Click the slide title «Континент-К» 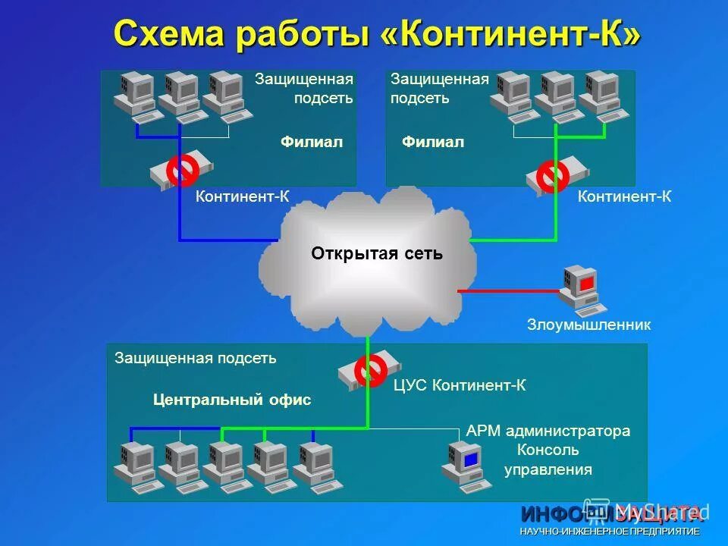[x=377, y=34]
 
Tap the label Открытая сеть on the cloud [x=377, y=253]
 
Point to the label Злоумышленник [x=589, y=325]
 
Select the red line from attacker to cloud [x=508, y=290]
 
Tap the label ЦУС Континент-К [x=460, y=386]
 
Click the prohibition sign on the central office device [x=371, y=369]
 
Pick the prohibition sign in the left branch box [x=183, y=170]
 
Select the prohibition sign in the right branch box [x=552, y=176]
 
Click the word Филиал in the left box [x=312, y=142]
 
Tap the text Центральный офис [x=232, y=400]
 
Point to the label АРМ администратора [x=548, y=431]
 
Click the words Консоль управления [x=548, y=460]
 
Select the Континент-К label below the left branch [x=243, y=197]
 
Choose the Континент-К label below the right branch [x=625, y=197]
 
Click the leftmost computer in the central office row [x=133, y=463]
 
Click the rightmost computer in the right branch [x=604, y=96]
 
